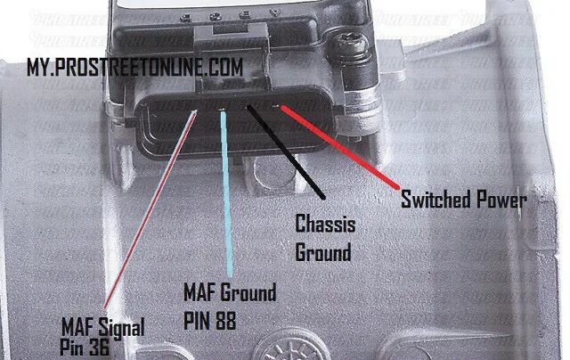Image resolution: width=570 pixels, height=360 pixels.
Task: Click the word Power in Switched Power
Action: [500, 198]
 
